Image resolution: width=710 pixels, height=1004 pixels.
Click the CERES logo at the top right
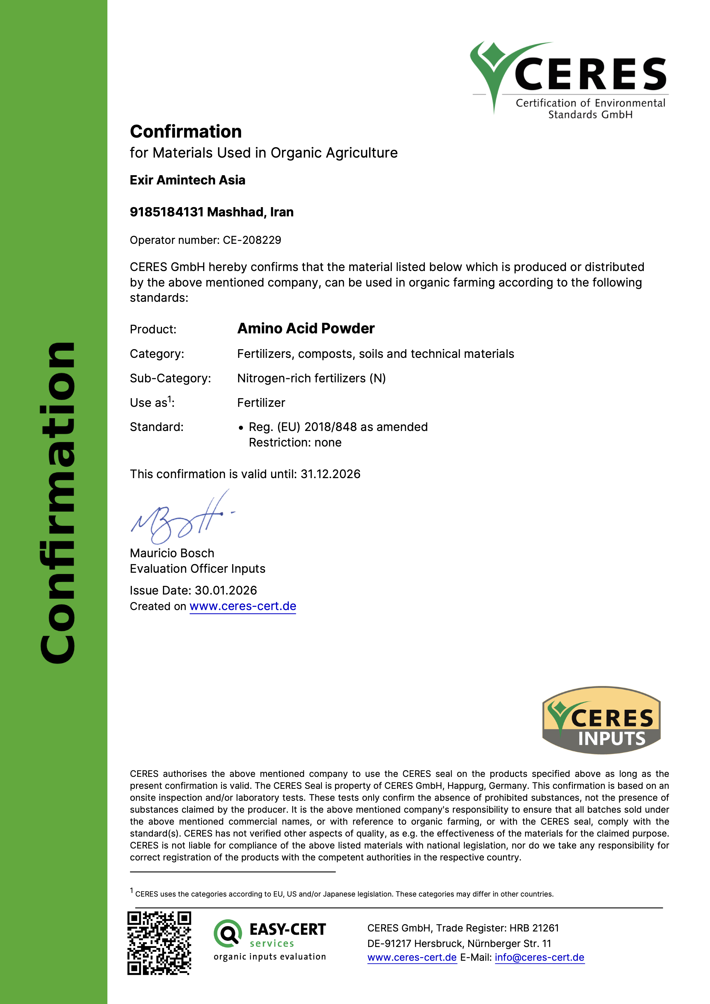pyautogui.click(x=568, y=79)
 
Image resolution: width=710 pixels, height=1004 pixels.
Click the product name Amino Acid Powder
pyautogui.click(x=305, y=328)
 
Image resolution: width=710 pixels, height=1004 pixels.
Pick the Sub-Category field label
pyautogui.click(x=170, y=378)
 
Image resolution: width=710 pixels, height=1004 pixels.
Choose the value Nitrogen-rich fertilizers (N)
pyautogui.click(x=311, y=378)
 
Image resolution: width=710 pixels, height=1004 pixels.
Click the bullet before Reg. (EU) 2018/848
pyautogui.click(x=241, y=428)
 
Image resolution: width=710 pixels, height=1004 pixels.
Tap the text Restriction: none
pyautogui.click(x=295, y=443)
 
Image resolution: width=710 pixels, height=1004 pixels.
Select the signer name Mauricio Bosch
pyautogui.click(x=172, y=553)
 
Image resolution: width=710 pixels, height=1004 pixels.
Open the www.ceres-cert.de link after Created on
pyautogui.click(x=243, y=606)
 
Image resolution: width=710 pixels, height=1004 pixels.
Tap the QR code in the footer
pyautogui.click(x=159, y=943)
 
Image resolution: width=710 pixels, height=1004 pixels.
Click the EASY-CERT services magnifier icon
pyautogui.click(x=227, y=934)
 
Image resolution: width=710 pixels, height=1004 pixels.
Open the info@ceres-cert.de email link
pyautogui.click(x=539, y=957)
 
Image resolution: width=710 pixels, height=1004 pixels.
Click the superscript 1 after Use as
pyautogui.click(x=170, y=399)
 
